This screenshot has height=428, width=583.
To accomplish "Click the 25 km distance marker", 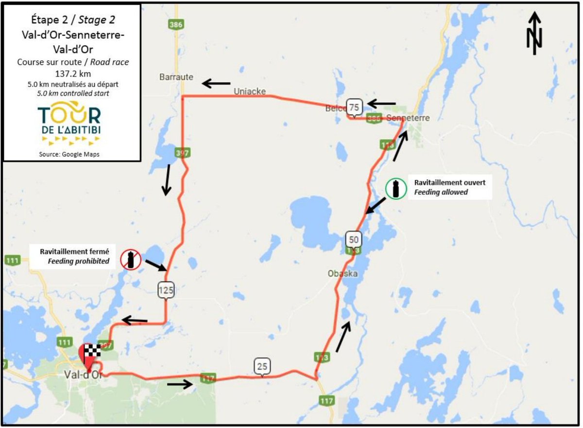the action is (x=262, y=366).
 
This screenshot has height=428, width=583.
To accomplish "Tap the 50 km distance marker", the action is (x=353, y=239).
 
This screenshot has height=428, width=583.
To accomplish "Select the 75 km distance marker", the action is (x=354, y=107).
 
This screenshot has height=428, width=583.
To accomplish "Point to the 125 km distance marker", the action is (x=166, y=290).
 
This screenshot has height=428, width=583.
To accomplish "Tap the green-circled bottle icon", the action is (x=396, y=188).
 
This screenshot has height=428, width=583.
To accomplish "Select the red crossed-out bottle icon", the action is (x=131, y=259).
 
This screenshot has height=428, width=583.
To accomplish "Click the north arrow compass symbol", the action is (x=534, y=33).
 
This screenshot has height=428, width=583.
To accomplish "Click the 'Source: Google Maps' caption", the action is (x=71, y=154).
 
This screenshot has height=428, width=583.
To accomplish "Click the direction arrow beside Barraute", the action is (x=216, y=83).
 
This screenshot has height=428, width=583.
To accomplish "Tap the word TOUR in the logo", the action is (x=70, y=116).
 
